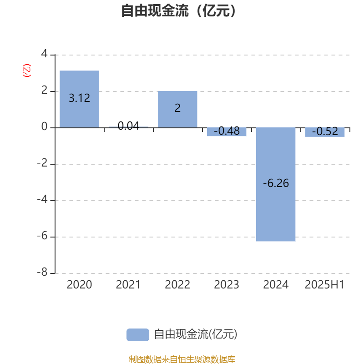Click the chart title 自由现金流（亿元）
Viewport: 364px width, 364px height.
pyautogui.click(x=178, y=11)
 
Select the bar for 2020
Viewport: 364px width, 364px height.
pyautogui.click(x=79, y=99)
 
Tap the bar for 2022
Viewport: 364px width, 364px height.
pyautogui.click(x=177, y=109)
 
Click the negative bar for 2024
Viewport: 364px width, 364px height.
pyautogui.click(x=276, y=185)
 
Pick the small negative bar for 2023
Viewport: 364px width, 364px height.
pyautogui.click(x=227, y=132)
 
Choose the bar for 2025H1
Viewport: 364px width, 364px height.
pyautogui.click(x=325, y=132)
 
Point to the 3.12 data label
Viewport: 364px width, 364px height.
pyautogui.click(x=79, y=98)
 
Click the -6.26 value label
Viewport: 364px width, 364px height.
pyautogui.click(x=276, y=183)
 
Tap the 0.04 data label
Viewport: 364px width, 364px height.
pyautogui.click(x=128, y=126)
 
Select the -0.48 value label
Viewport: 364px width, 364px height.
pyautogui.click(x=227, y=131)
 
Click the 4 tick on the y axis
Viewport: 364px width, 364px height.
pyautogui.click(x=44, y=54)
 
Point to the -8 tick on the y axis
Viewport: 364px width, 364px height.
pyautogui.click(x=42, y=272)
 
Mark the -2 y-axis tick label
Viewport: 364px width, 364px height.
pyautogui.click(x=42, y=163)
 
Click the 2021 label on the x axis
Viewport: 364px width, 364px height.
pyautogui.click(x=128, y=285)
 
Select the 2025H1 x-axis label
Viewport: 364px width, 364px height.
pyautogui.click(x=324, y=285)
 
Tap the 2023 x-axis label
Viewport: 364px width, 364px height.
pyautogui.click(x=227, y=285)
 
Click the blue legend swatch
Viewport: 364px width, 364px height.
pyautogui.click(x=138, y=335)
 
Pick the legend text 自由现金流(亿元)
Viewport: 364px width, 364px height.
pyautogui.click(x=196, y=334)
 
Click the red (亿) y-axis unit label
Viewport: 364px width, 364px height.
pyautogui.click(x=27, y=71)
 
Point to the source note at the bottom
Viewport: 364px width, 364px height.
pyautogui.click(x=182, y=359)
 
